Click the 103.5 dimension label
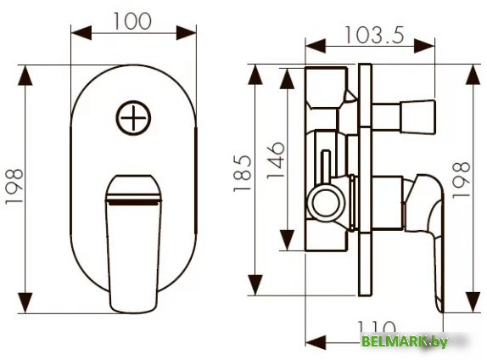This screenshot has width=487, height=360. [x=373, y=35]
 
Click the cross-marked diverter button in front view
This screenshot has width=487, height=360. [x=133, y=117]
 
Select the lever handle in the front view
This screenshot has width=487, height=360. [x=133, y=238]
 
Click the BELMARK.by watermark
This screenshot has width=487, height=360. [x=404, y=340]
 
